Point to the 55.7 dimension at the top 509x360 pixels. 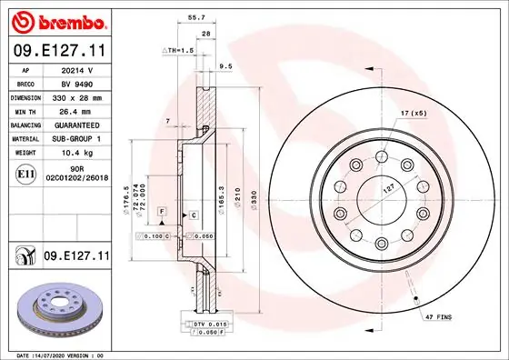[194, 16]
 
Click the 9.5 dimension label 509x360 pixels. [225, 65]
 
